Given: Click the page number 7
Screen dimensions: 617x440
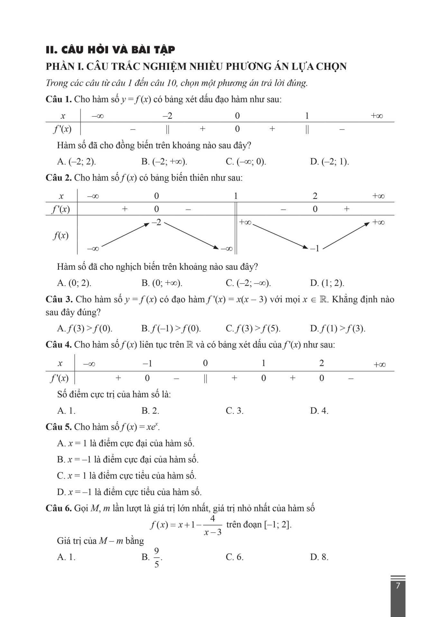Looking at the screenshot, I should tap(398, 586).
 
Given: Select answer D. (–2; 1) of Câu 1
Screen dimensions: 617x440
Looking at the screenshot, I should tap(329, 161).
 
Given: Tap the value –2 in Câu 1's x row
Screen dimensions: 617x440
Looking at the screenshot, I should tap(167, 116).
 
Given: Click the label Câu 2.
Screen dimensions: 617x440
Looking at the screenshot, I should tap(59, 178).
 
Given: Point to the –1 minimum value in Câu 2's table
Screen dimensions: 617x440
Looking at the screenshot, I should tap(315, 248).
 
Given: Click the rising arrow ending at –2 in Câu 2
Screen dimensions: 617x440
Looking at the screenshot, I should tap(125, 235).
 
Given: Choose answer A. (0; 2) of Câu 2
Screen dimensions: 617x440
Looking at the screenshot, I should tap(74, 283).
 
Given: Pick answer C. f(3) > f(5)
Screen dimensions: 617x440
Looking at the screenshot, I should tap(253, 328).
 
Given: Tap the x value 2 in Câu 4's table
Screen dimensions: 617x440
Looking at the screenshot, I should tap(321, 363).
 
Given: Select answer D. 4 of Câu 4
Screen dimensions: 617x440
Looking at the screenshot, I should tap(319, 411).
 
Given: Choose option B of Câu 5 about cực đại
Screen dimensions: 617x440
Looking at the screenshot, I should tap(128, 460).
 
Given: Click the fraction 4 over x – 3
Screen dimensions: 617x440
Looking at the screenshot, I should tap(213, 525).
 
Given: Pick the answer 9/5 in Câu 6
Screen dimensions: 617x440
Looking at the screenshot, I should tap(156, 558).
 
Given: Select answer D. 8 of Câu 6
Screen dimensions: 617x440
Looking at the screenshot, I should tap(319, 557).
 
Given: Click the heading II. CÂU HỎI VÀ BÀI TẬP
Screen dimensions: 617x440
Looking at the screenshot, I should tap(110, 50).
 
